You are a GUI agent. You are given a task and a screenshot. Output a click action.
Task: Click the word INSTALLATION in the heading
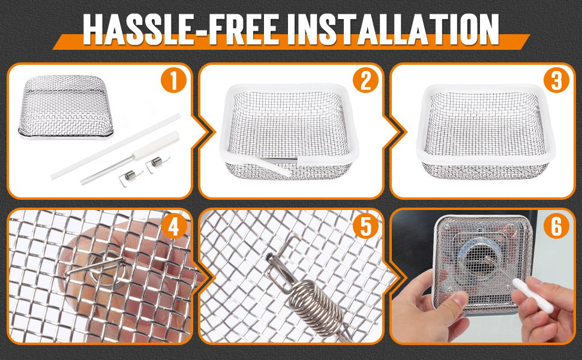[x=398, y=29]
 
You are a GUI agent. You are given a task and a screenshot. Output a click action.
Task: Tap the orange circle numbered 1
[x=174, y=80]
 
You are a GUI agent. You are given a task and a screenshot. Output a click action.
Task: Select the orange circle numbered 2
[x=365, y=80]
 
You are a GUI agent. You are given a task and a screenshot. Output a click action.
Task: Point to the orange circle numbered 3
[x=556, y=80]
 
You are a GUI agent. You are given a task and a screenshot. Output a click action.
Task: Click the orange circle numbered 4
[x=174, y=226]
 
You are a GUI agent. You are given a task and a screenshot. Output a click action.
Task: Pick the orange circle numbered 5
[x=365, y=226]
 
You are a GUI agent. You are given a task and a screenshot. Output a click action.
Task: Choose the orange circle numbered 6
[x=556, y=226]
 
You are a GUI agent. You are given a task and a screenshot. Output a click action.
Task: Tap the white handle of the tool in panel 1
[x=156, y=145]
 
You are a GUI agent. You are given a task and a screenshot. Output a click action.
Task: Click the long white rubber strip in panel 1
[x=115, y=147]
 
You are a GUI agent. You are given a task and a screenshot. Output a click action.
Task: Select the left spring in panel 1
[x=131, y=176]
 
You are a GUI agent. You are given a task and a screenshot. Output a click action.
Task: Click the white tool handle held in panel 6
[x=533, y=295]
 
